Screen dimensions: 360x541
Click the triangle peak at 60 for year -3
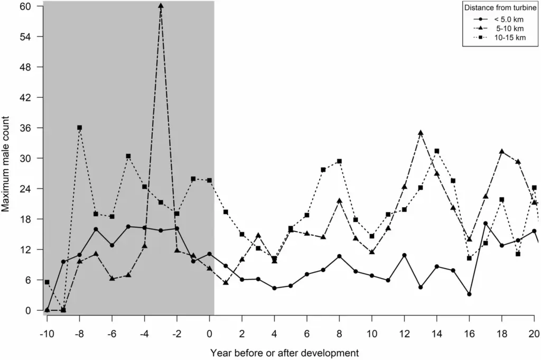pyautogui.click(x=161, y=6)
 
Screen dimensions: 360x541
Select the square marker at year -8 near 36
pyautogui.click(x=79, y=127)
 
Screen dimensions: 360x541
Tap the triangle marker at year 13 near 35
pyautogui.click(x=421, y=133)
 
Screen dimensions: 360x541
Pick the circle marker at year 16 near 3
pyautogui.click(x=469, y=294)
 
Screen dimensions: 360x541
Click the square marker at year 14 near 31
pyautogui.click(x=437, y=151)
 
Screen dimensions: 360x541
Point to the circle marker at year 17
pyautogui.click(x=485, y=223)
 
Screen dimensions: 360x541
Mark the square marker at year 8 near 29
pyautogui.click(x=339, y=161)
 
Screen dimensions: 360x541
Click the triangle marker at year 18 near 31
pyautogui.click(x=501, y=152)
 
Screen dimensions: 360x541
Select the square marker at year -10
pyautogui.click(x=47, y=282)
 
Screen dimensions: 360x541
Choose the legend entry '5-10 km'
pyautogui.click(x=505, y=27)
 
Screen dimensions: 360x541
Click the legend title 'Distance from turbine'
pyautogui.click(x=499, y=7)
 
